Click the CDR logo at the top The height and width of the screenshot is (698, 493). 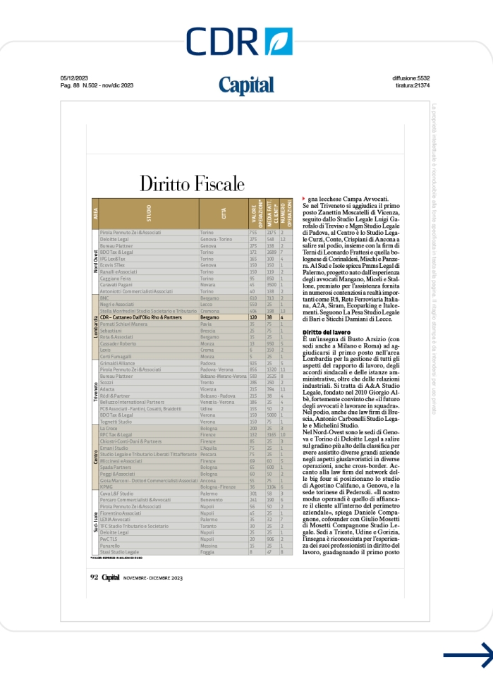pyautogui.click(x=240, y=41)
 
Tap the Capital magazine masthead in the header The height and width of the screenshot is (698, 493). pyautogui.click(x=246, y=85)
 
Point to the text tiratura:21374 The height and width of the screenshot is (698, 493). pyautogui.click(x=413, y=85)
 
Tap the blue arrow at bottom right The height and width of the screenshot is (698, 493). pyautogui.click(x=468, y=656)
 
